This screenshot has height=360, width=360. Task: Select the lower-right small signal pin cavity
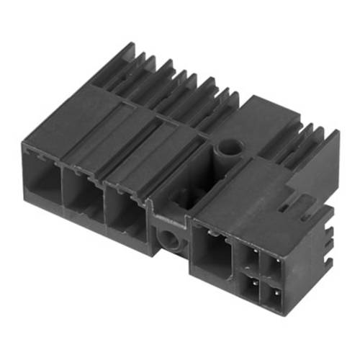coord(274,296)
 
